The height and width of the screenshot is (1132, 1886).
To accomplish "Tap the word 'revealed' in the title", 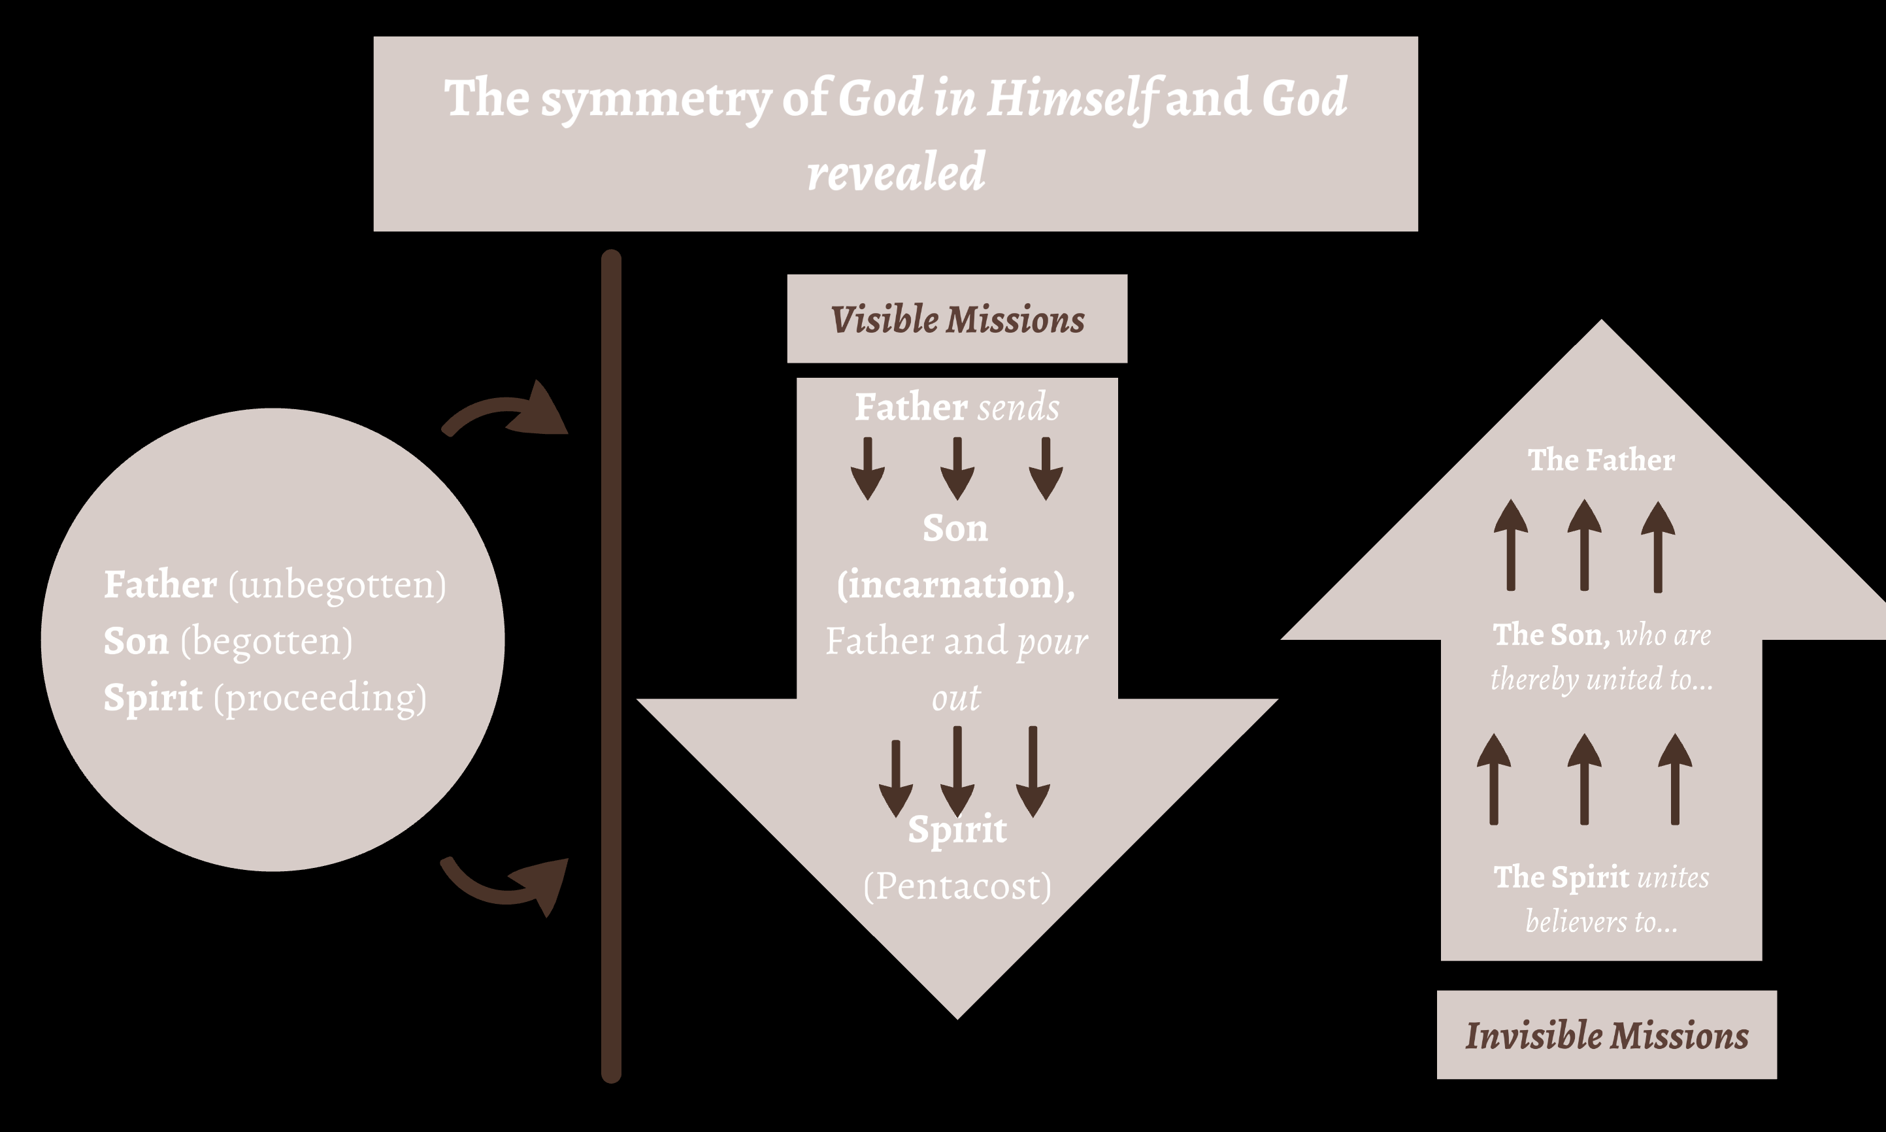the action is coord(896,172).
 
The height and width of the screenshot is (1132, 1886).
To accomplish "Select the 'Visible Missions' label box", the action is coord(957,319).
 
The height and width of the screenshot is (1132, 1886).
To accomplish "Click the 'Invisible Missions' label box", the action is coord(1607,1035).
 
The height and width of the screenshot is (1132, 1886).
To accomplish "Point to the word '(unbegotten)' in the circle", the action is coord(337,585).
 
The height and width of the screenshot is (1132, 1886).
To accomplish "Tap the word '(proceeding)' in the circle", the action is coord(320,698).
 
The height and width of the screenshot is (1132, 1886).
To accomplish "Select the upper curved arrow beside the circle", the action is coord(507,412).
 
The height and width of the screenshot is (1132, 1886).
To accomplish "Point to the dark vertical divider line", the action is coord(611,663).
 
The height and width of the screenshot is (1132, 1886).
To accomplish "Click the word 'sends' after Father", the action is coord(1019,407).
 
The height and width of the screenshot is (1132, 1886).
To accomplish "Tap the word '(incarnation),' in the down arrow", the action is coord(956,585).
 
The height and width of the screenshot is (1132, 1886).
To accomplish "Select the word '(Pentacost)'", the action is coord(957,886).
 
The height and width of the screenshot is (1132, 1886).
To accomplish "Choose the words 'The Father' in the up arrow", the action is coord(1602,460).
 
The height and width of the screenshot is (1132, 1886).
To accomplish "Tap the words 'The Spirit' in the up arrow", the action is coord(1561,877).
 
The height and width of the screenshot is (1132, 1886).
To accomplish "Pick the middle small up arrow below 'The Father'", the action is coord(1584,545).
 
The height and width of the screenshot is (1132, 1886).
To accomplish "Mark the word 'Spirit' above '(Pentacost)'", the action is coord(957,829).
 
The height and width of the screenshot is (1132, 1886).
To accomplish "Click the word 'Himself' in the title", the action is coord(1072,99).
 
